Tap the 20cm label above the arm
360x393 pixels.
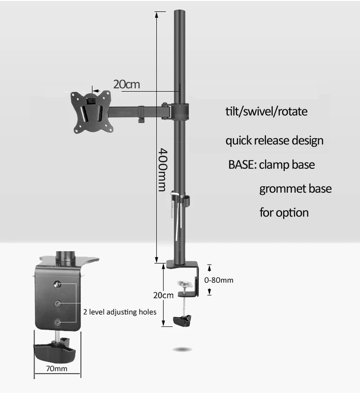126,84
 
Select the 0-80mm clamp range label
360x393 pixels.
220,280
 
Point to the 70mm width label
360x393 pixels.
57,369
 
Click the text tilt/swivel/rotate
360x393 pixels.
266,111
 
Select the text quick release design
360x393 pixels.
274,140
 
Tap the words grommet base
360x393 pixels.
295,188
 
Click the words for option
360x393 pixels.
284,212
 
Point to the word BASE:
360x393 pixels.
242,164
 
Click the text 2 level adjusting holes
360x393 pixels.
120,312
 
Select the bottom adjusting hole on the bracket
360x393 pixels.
57,322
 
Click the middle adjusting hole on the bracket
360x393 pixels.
57,304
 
